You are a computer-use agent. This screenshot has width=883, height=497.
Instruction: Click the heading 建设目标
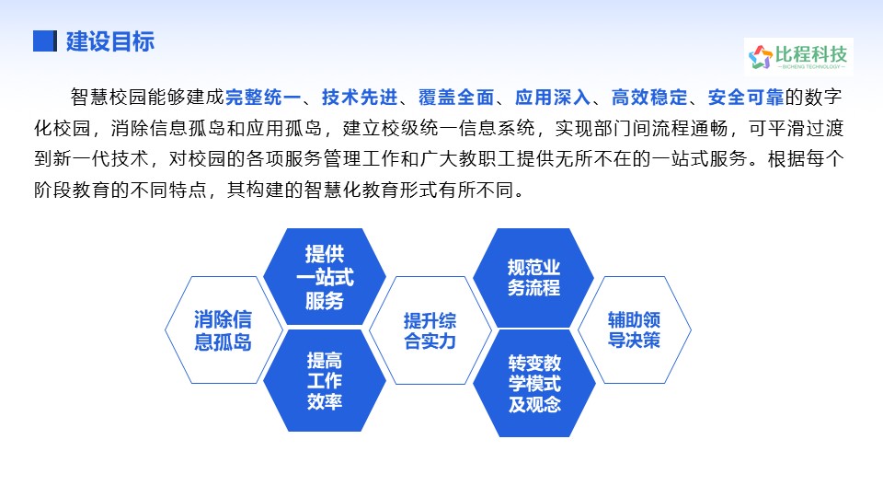click(110, 41)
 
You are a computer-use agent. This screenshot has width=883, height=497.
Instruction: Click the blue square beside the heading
click(45, 41)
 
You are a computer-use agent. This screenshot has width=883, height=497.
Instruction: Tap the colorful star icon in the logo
click(761, 57)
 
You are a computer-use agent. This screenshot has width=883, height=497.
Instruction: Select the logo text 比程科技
click(811, 54)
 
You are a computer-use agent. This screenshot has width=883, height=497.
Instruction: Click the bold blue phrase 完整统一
click(264, 98)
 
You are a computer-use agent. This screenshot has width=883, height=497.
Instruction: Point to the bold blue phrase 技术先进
click(360, 98)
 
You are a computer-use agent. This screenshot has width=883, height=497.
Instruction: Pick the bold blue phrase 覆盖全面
click(456, 98)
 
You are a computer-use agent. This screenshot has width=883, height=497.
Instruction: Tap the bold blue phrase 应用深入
click(553, 98)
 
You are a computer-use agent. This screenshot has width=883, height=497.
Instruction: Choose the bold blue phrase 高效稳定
click(649, 98)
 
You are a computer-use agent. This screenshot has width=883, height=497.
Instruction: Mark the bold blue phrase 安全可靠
click(746, 98)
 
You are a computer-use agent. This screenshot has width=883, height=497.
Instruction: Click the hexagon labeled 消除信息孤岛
click(224, 330)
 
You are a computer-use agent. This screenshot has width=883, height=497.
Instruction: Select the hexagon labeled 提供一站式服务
click(325, 277)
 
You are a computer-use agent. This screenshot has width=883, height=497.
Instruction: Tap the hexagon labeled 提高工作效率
click(325, 381)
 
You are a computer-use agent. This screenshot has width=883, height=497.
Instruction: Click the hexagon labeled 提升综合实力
click(430, 330)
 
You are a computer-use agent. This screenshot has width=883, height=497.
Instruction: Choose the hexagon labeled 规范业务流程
click(533, 277)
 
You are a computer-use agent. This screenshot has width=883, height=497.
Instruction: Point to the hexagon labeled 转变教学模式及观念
click(534, 383)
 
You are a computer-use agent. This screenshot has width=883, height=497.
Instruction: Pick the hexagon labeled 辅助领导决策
click(634, 330)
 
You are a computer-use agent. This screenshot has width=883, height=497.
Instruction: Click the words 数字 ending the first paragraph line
click(823, 98)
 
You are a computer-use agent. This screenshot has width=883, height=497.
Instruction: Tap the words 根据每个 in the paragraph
click(806, 159)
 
